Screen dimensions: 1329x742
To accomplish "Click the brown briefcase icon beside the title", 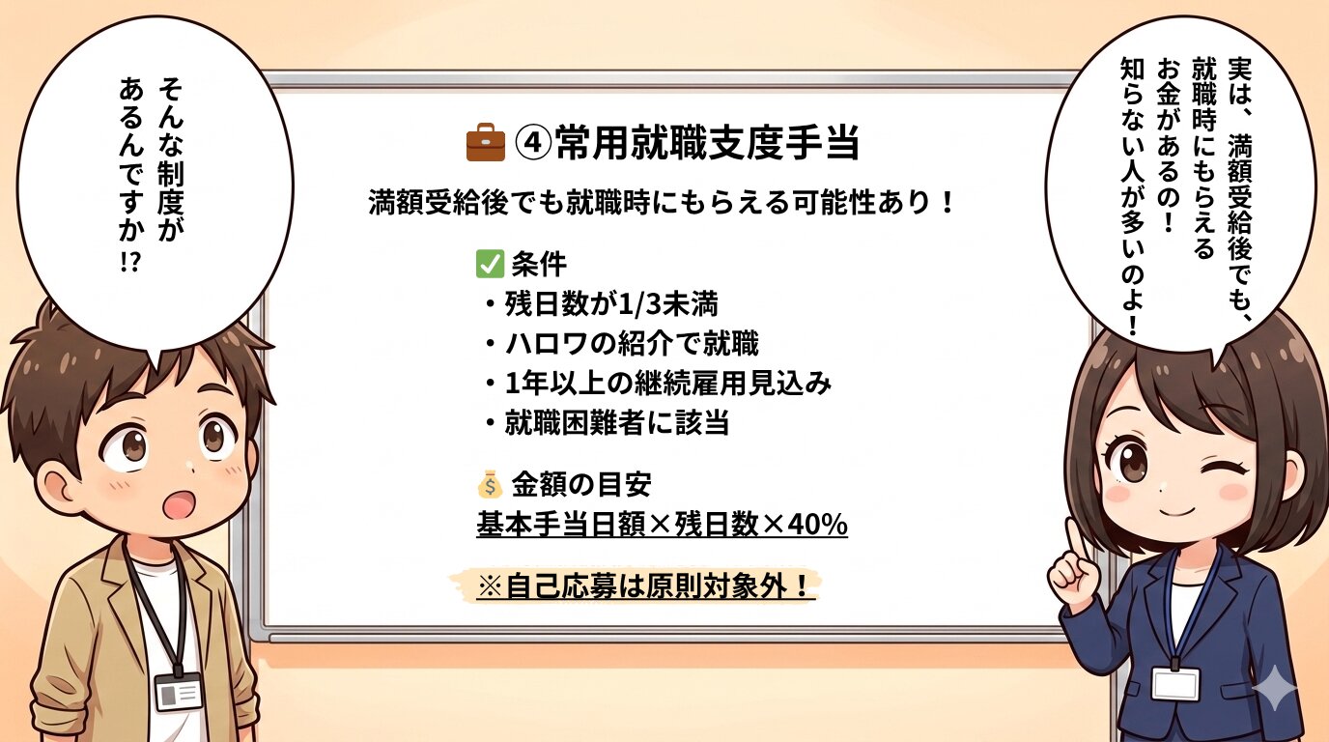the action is (x=485, y=142).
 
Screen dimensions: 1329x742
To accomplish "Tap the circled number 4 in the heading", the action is (x=533, y=143).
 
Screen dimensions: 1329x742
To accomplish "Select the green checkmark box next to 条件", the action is (x=490, y=264).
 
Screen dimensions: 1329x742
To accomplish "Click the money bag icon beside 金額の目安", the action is (x=490, y=485).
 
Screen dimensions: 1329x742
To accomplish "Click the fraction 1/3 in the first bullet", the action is (x=639, y=304).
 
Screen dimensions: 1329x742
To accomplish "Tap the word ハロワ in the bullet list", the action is (x=546, y=344).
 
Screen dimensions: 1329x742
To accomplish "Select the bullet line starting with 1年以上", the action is (x=659, y=384).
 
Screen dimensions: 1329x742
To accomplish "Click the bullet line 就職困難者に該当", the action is (x=608, y=423).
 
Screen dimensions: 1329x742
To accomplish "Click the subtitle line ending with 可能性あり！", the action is (x=661, y=203).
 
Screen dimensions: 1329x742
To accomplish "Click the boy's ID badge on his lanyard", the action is (x=179, y=691).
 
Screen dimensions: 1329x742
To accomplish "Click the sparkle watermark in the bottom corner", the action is (x=1274, y=688).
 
